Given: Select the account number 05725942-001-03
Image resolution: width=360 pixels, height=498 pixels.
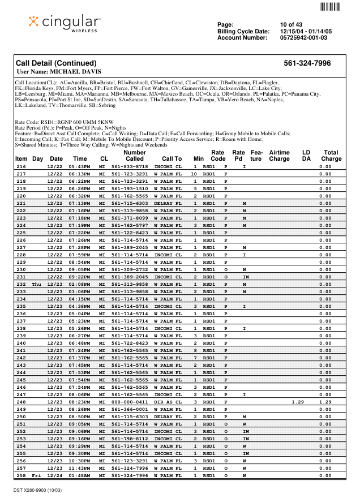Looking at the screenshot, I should [303, 38].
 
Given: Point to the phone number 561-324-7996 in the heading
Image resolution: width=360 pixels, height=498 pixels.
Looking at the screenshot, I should [307, 63].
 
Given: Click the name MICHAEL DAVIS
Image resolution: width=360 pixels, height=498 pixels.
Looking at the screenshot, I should [75, 72].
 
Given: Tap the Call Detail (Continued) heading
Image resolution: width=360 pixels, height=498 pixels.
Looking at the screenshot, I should [56, 63].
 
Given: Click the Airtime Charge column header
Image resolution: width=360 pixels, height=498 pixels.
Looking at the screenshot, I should [279, 156].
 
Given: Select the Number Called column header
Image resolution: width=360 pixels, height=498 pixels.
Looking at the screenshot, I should [134, 156].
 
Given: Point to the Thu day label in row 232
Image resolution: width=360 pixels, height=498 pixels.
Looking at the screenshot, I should [37, 284].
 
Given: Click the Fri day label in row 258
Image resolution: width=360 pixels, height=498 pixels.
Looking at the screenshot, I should [37, 475].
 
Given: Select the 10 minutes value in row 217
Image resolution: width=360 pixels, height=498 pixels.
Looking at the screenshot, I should [194, 174].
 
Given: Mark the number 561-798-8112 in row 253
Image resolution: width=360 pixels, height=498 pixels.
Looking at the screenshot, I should [130, 439].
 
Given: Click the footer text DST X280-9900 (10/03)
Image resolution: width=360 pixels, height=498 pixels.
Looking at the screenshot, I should [38, 489].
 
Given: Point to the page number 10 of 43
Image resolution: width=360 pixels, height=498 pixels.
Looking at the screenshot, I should [291, 24].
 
